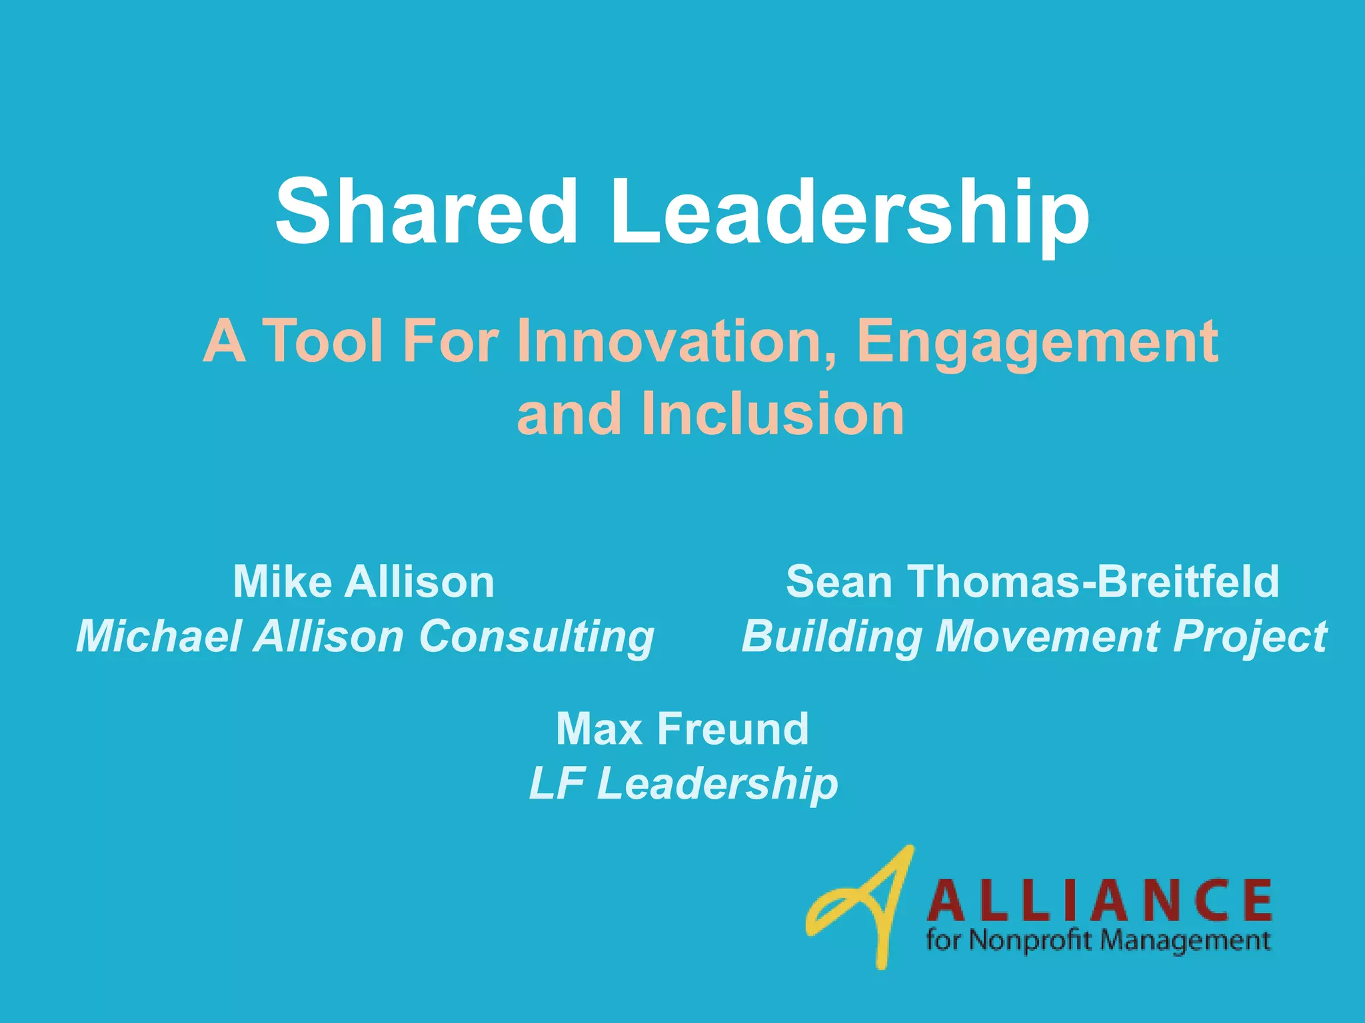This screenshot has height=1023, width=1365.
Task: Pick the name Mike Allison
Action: [x=364, y=582]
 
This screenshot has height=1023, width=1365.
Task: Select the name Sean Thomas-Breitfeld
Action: [x=1032, y=582]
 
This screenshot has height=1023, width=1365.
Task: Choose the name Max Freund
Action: [x=682, y=729]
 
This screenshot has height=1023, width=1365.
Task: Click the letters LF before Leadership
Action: [x=557, y=784]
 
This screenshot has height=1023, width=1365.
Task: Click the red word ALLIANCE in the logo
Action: [x=1099, y=900]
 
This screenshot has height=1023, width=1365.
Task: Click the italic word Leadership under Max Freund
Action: [x=717, y=784]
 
